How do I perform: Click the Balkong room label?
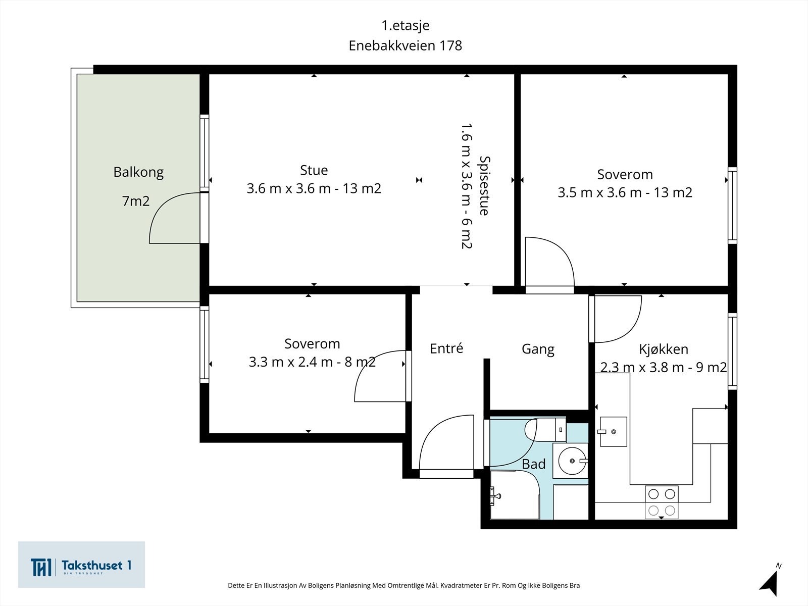pos(138,172)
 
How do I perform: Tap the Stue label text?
pos(314,170)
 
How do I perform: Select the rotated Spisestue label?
pos(484,186)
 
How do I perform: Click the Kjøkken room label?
pos(664,349)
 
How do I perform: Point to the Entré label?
pos(446,348)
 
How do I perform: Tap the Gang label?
pos(538,349)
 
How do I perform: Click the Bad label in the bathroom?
pos(533,464)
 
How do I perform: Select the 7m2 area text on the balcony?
pos(135,201)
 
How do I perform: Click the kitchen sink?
pos(613,432)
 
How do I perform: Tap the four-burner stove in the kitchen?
pos(662,502)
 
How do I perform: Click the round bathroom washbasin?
pos(572,461)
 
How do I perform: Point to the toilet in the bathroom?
pos(545,429)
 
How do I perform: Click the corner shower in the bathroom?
pos(515,495)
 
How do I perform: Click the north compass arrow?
pos(770,582)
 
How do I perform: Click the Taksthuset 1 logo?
pos(81,565)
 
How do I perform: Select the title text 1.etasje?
pos(406,25)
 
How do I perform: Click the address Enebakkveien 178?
pos(406,45)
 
